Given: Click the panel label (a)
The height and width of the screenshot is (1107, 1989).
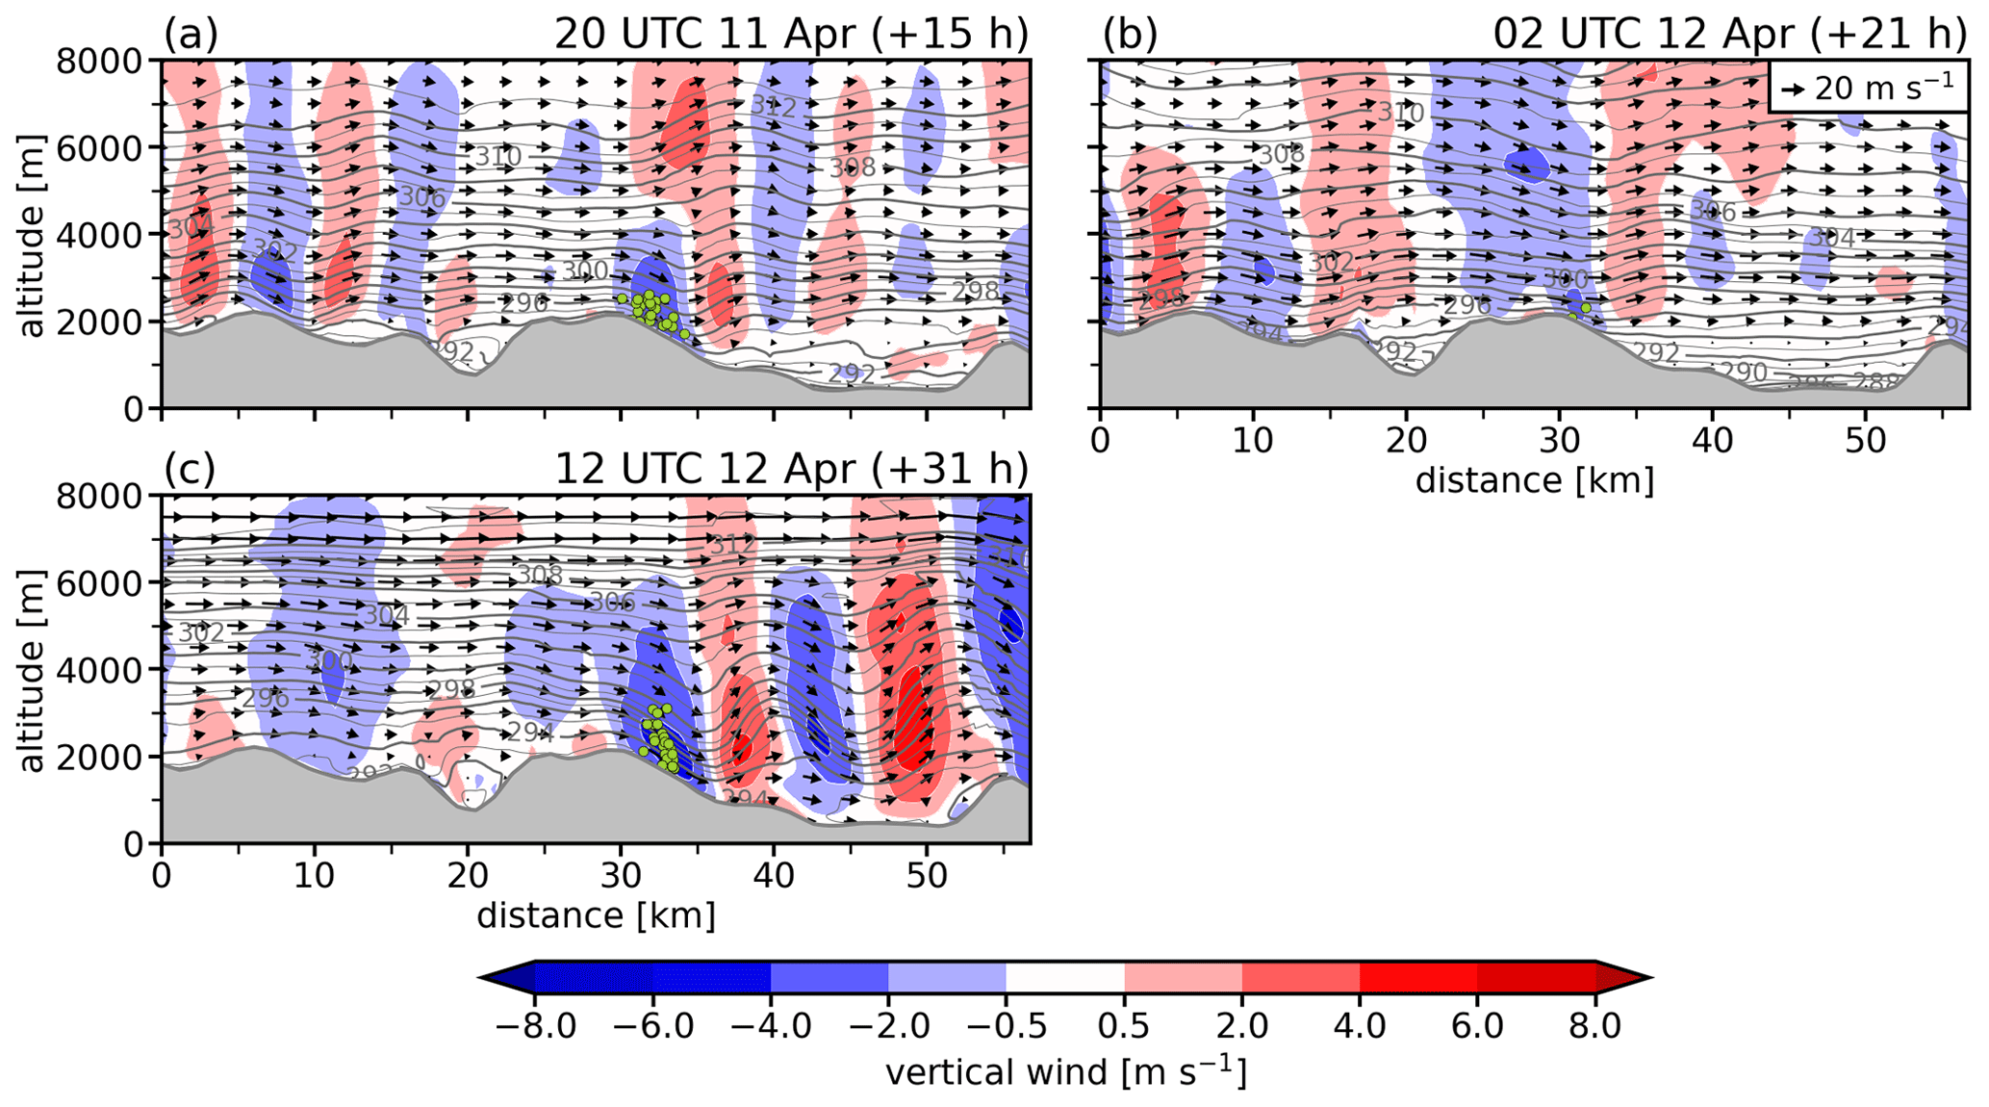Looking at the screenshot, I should coord(191,35).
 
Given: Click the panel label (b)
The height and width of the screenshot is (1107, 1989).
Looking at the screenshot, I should coord(1130,35).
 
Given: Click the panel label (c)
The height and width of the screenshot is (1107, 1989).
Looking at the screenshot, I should coord(191,470).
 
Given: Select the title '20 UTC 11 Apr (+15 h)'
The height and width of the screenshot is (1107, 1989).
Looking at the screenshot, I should coord(791,35).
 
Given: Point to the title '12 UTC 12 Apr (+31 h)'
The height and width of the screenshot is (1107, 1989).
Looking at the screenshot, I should coord(791,470).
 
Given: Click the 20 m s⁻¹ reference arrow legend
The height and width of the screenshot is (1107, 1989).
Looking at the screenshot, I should coord(1867,88).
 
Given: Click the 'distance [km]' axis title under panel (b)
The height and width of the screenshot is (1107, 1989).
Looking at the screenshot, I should coord(1535,480).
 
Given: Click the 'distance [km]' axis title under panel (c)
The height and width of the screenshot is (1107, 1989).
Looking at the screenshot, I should coord(596,915).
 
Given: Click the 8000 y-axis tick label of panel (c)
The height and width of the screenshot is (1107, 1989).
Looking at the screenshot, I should coord(98,497).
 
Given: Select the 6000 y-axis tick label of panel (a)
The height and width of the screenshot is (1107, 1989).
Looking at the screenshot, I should coord(98,148).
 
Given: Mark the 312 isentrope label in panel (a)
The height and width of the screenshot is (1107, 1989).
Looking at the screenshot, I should coord(774,106).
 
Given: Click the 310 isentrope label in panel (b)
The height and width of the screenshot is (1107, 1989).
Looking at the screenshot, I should coord(1400,113).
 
